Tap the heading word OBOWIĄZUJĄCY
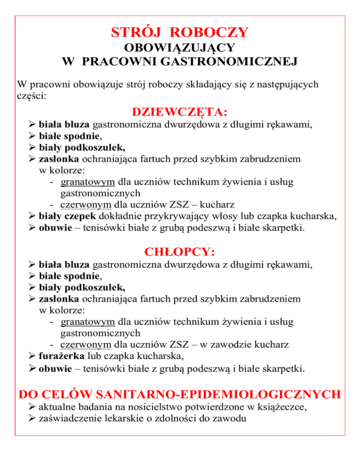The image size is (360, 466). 180,49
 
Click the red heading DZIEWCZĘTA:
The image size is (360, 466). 180,113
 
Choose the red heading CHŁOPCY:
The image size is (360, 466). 180,252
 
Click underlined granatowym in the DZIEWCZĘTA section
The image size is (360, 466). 88,182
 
